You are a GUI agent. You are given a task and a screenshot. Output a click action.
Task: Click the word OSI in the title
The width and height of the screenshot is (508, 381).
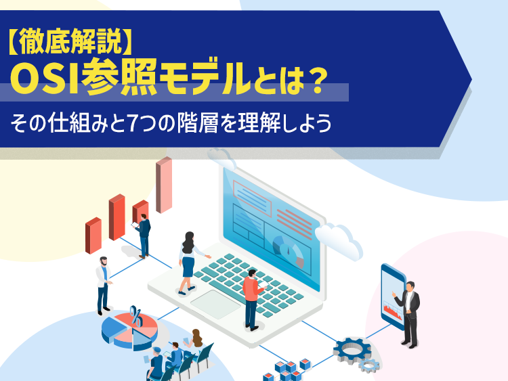(45, 78)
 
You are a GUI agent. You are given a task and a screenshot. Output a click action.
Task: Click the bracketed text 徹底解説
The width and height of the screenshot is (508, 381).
(70, 41)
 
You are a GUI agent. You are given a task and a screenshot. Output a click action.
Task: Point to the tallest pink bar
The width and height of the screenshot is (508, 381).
(164, 185)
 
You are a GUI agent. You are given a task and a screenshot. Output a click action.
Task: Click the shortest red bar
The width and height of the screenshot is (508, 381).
(93, 236)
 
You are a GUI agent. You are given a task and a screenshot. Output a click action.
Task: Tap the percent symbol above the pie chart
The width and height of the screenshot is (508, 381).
(136, 316)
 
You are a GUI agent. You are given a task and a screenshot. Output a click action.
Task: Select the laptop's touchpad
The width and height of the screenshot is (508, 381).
(215, 305)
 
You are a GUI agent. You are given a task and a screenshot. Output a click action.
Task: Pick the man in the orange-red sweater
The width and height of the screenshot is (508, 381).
(253, 299)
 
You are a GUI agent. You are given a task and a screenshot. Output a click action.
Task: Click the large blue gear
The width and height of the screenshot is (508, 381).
(352, 351)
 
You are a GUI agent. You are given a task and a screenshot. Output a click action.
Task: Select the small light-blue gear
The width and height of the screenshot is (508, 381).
(368, 365)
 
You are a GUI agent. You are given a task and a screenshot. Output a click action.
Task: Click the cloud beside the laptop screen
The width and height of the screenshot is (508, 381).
(339, 240)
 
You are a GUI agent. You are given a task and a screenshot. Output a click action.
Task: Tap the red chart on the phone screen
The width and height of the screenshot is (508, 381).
(393, 311)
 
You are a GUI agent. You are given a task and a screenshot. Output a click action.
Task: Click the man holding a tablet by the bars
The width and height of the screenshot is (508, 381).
(143, 236)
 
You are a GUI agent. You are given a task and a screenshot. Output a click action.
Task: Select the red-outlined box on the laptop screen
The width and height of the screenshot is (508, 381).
(252, 198)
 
